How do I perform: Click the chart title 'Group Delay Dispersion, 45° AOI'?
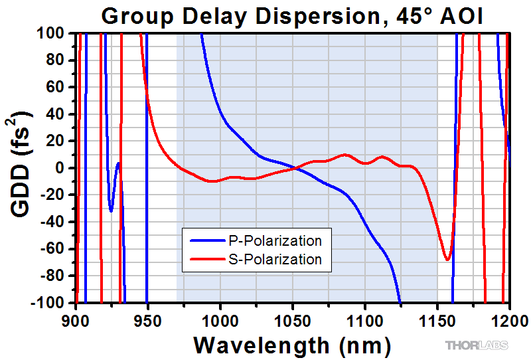(293, 15)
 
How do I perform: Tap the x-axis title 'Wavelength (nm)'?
(293, 345)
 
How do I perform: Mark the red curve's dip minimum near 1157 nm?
(447, 260)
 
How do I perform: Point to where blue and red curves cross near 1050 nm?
(294, 168)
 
